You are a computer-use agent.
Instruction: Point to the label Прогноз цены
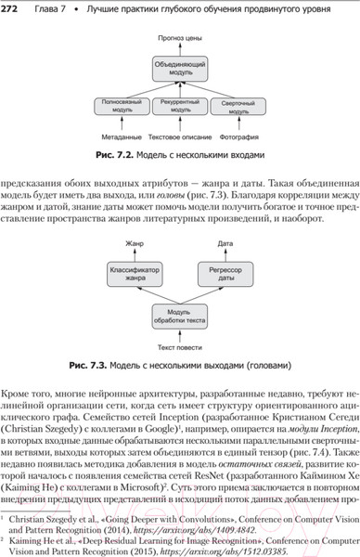[x=180, y=38]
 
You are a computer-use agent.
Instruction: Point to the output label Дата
[x=218, y=242]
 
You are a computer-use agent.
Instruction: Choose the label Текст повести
[x=180, y=348]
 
